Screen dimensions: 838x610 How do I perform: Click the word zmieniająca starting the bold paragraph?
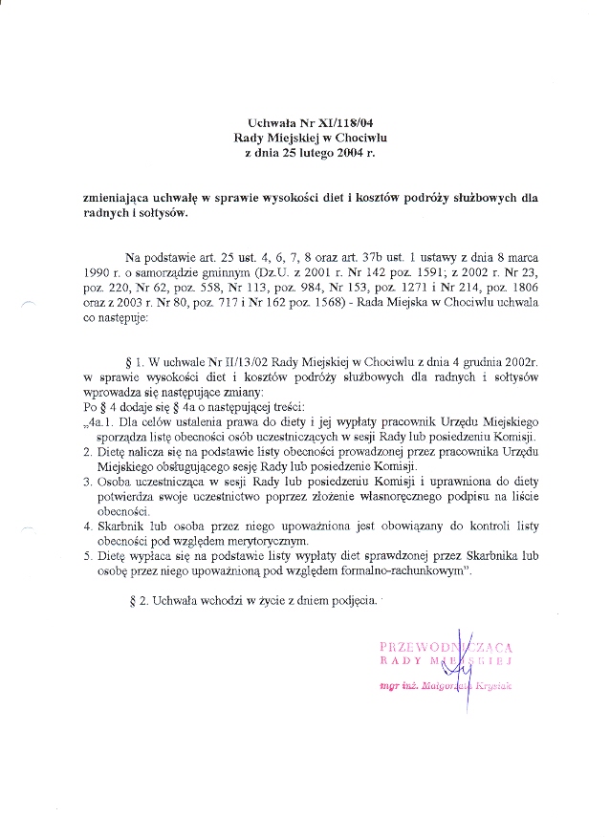pyautogui.click(x=119, y=200)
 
